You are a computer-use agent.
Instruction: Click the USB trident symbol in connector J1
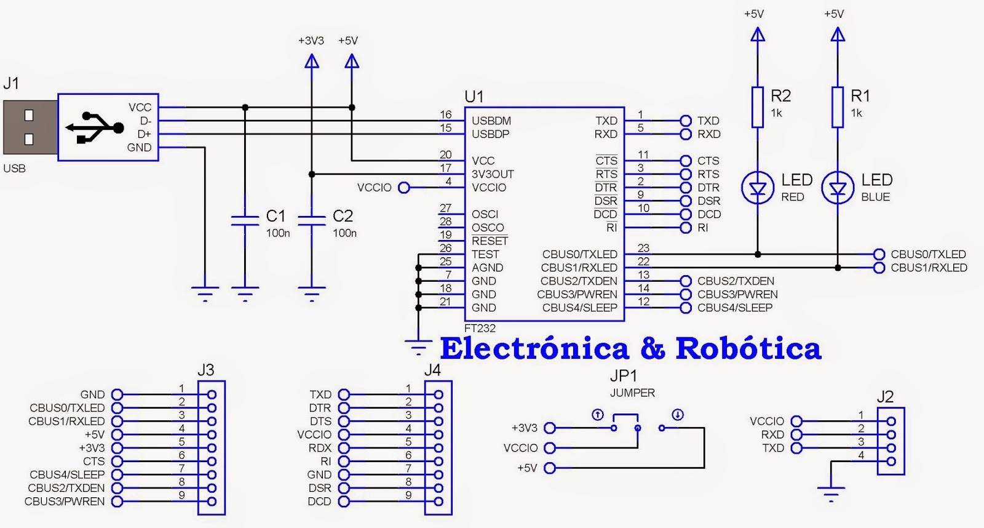tap(94, 127)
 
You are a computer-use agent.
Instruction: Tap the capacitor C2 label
tap(343, 216)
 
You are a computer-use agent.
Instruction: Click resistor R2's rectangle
tap(758, 107)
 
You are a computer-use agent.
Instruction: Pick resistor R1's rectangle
tap(838, 107)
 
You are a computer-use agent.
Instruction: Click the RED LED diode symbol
tap(758, 188)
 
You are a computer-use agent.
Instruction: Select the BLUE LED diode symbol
tap(838, 188)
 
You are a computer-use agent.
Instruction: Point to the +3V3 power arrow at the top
tap(312, 61)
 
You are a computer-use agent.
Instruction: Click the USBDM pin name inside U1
tap(491, 121)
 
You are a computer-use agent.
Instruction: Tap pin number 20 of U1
tap(445, 154)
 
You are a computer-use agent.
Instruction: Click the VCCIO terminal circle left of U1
tap(404, 188)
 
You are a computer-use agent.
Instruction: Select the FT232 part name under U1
tap(480, 329)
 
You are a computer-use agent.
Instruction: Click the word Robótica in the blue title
tap(748, 348)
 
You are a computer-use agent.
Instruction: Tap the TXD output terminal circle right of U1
tap(686, 121)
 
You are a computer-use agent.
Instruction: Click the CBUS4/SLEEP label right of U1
tap(734, 308)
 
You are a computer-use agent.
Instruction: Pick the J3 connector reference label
tap(205, 370)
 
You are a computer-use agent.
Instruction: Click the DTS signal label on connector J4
tap(320, 422)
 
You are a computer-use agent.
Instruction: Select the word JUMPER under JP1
tap(632, 393)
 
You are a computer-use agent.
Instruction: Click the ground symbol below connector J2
tap(831, 490)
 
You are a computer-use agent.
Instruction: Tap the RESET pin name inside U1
tap(490, 241)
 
